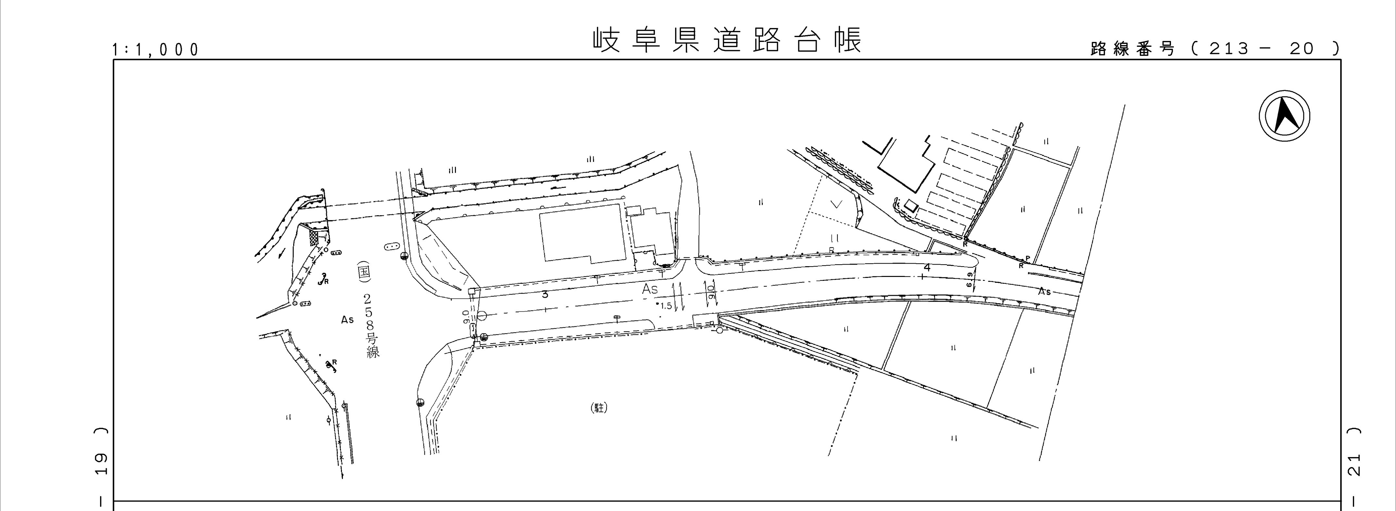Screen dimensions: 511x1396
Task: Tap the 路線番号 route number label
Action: tap(1133, 49)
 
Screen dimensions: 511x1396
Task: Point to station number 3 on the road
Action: tap(545, 295)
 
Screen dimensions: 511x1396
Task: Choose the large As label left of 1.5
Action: tap(650, 289)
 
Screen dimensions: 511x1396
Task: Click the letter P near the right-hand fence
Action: tap(1027, 258)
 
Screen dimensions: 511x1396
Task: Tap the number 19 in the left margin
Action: tap(101, 464)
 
